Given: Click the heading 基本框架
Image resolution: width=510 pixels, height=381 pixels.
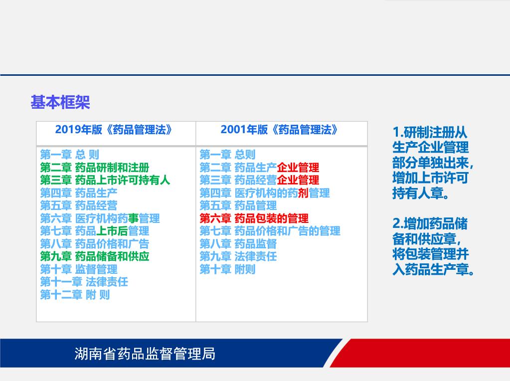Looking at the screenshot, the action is coord(60,102).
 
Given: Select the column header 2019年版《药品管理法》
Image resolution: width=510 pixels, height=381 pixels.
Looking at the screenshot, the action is coord(114,130).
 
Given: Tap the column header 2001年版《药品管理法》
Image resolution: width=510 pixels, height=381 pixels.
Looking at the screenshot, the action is coord(279,130).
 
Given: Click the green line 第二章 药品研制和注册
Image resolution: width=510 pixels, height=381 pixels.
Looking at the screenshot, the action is coord(95,168).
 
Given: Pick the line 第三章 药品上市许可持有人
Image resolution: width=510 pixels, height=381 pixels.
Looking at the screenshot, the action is coord(105,180).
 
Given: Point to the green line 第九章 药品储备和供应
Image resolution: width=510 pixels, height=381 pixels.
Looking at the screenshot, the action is coord(95,256).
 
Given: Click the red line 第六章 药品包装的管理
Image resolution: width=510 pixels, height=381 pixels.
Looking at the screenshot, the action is coord(254,218).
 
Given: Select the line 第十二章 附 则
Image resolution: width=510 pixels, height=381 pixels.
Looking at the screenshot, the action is coord(75,295).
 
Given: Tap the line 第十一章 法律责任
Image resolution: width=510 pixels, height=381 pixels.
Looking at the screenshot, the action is coord(84,282).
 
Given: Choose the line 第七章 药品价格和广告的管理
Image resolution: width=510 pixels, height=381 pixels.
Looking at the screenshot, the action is coord(270,231).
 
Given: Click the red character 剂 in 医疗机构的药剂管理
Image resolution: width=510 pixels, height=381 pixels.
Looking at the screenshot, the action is coord(303,193).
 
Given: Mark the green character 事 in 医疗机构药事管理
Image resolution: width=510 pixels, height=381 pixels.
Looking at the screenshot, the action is coord(133,218).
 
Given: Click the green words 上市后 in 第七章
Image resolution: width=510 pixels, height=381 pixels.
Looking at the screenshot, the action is coord(112,231).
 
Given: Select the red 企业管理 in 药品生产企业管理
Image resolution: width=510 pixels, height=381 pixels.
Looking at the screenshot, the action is coord(298,168).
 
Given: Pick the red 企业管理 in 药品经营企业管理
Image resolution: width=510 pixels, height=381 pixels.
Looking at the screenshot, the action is coord(298,180).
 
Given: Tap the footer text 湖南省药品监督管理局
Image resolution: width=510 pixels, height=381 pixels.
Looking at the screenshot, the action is coord(145,354).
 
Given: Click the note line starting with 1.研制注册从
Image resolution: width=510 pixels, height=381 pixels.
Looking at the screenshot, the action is coord(430,133).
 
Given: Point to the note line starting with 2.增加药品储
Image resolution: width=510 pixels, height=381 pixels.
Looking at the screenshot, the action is coord(430,223).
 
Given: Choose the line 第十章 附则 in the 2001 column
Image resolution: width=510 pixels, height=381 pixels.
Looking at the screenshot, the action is coord(227,269).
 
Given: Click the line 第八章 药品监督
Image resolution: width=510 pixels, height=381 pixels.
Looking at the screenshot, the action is coord(238,244).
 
